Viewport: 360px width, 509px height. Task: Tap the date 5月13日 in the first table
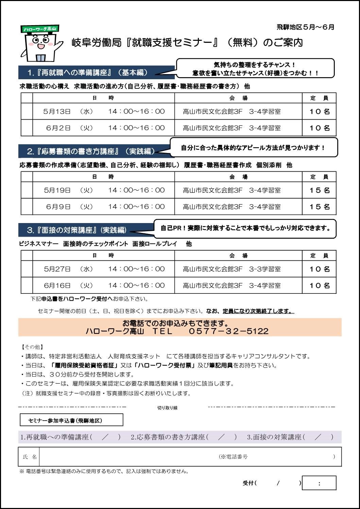click(57, 112)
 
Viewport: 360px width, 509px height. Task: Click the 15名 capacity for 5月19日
click(320, 190)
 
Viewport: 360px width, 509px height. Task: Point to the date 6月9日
click(58, 207)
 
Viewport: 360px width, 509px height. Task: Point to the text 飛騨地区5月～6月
click(305, 27)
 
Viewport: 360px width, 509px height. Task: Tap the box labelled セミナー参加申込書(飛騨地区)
click(71, 420)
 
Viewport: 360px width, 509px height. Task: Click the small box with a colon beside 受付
click(319, 483)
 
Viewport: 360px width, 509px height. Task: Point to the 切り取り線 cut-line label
click(167, 408)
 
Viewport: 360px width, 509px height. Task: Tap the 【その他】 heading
click(32, 347)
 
